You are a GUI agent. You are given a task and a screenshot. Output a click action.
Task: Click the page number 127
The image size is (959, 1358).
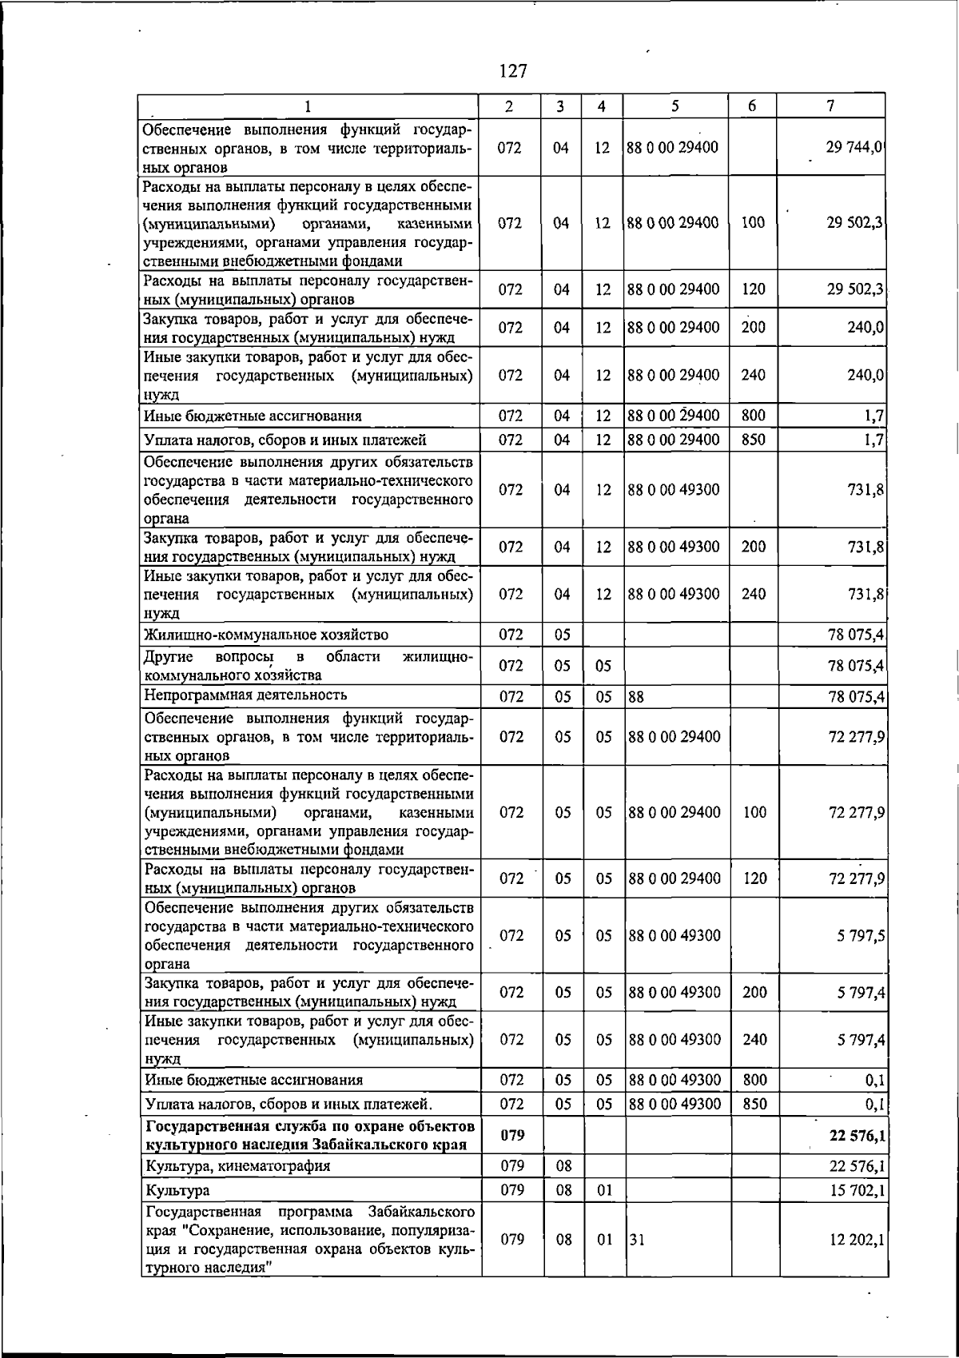(512, 71)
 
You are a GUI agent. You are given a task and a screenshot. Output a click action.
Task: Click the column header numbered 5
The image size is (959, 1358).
(675, 106)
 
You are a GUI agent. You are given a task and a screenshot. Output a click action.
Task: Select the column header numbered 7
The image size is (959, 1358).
(831, 106)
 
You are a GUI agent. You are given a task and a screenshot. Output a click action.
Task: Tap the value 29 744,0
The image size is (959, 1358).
(854, 148)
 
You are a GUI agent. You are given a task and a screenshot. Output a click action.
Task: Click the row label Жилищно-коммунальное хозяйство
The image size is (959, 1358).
(266, 635)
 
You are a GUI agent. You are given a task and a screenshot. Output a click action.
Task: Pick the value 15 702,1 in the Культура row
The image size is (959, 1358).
(857, 1190)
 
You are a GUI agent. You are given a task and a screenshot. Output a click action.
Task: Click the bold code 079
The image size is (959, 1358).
(511, 1136)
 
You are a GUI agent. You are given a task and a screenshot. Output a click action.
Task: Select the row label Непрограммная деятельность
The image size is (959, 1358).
(245, 695)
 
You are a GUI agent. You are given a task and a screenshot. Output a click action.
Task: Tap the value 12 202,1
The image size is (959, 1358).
(857, 1239)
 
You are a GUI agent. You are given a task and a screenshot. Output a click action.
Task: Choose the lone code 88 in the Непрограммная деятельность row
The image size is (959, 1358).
(636, 697)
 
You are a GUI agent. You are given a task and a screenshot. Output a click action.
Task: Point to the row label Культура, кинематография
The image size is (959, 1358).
(237, 1166)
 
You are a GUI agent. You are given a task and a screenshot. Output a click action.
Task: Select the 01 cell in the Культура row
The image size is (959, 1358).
(604, 1190)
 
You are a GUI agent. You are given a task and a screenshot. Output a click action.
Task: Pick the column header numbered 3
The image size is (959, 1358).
(561, 106)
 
